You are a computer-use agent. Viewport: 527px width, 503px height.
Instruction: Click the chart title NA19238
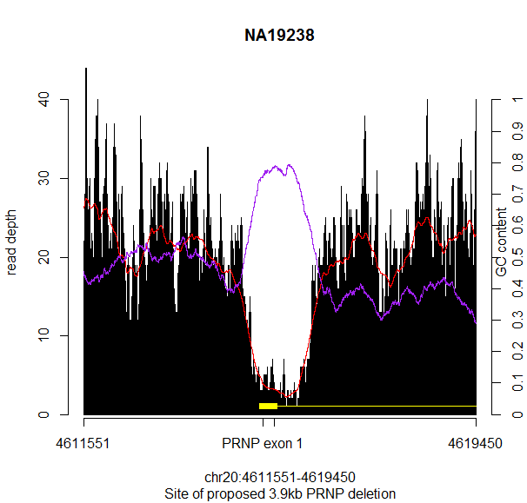[x=279, y=36]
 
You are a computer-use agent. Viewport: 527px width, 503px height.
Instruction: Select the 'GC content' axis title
[x=502, y=242]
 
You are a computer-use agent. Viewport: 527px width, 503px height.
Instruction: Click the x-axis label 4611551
[x=83, y=443]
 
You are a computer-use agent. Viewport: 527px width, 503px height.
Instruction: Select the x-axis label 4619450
[x=476, y=443]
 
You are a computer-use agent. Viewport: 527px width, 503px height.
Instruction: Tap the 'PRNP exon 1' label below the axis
[x=263, y=443]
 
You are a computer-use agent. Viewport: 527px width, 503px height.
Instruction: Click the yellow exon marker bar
[x=268, y=406]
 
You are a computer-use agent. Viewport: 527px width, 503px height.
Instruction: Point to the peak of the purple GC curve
[x=288, y=165]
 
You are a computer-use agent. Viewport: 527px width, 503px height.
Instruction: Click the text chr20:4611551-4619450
[x=279, y=478]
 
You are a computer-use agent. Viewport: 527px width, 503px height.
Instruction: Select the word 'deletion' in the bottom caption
[x=371, y=493]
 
